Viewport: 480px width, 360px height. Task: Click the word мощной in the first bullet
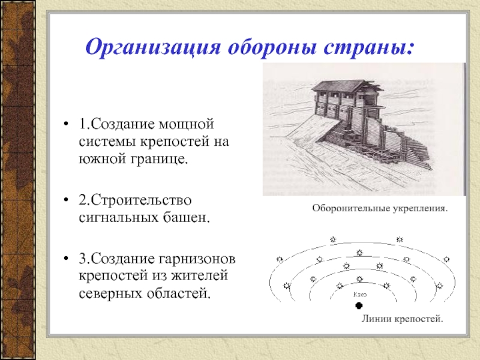click(186, 124)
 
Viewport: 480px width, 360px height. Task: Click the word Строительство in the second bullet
click(141, 200)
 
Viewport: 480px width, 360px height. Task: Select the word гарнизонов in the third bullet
click(197, 259)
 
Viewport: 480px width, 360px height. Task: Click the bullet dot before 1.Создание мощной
click(66, 124)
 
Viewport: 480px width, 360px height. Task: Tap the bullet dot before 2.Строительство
click(66, 200)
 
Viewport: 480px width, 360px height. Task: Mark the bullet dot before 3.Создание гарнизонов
click(66, 259)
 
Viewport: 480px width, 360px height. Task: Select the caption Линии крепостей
click(403, 319)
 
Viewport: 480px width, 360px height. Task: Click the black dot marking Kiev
click(359, 305)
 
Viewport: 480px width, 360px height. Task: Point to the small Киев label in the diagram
click(359, 295)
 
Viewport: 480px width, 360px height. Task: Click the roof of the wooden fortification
click(347, 86)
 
